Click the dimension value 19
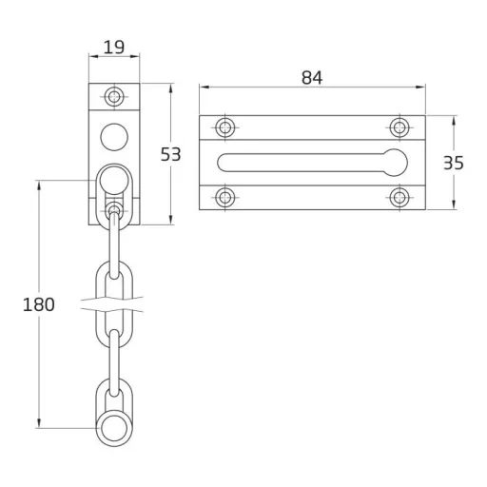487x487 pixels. (114, 48)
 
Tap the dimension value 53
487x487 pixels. (170, 154)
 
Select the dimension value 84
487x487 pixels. (312, 78)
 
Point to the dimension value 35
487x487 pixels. (454, 163)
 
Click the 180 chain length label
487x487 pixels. (39, 304)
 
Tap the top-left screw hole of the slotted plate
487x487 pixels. (225, 127)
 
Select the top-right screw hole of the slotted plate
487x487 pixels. (399, 127)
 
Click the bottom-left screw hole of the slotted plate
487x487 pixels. (225, 197)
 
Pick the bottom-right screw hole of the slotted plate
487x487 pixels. (399, 197)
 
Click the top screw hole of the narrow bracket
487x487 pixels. (114, 96)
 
